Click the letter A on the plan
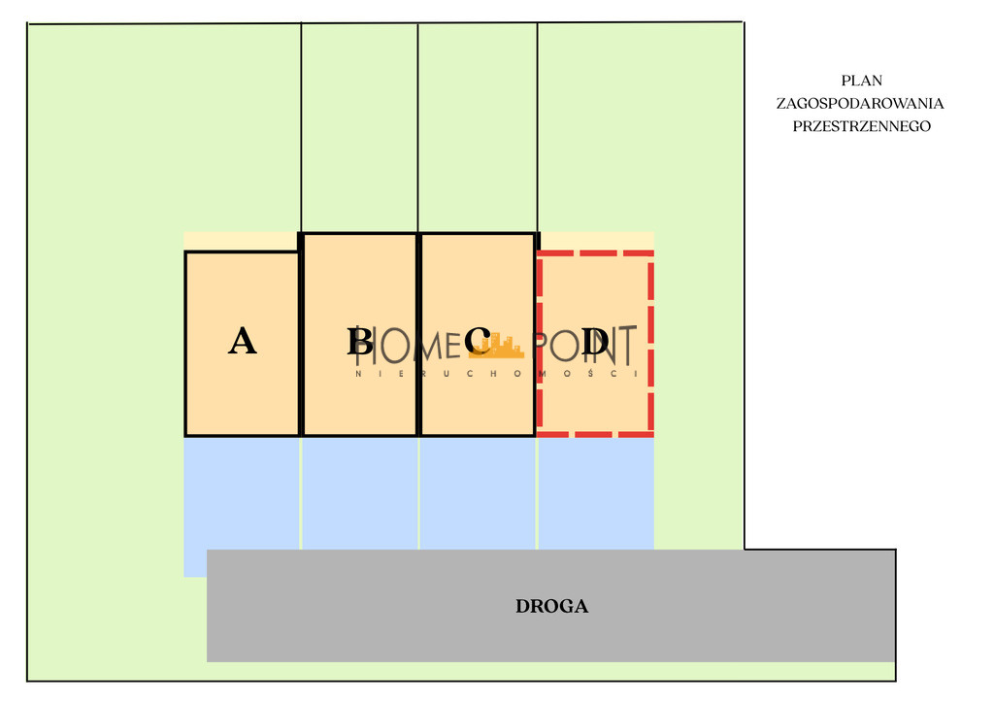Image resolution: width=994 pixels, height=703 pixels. [x=242, y=341]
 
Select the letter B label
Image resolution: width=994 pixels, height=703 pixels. [x=360, y=341]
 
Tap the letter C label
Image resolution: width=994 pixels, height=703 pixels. [x=478, y=341]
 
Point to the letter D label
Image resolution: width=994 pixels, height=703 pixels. [x=595, y=341]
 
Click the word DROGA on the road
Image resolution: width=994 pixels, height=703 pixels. [x=551, y=607]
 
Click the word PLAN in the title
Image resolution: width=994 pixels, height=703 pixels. [x=862, y=81]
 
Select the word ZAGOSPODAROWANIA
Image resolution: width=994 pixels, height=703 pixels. [x=860, y=103]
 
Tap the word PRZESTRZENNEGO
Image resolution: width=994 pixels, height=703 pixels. [x=862, y=126]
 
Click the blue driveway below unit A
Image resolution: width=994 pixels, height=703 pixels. [x=242, y=493]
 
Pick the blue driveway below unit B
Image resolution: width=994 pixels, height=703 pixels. [x=360, y=493]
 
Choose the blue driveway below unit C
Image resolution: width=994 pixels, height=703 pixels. [x=478, y=493]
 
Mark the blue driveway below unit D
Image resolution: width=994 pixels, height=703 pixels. [x=596, y=493]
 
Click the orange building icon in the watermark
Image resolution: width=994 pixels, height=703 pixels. [x=501, y=346]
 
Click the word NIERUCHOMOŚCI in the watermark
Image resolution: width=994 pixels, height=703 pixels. [x=496, y=374]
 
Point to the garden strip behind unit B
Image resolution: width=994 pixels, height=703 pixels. [x=359, y=128]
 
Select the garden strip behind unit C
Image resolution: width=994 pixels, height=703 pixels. [x=478, y=128]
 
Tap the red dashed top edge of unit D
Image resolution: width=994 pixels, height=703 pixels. [x=595, y=253]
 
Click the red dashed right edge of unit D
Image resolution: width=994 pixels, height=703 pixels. [x=651, y=344]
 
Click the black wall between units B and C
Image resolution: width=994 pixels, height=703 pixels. [x=419, y=335]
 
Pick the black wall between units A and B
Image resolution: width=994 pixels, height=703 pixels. [x=301, y=335]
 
